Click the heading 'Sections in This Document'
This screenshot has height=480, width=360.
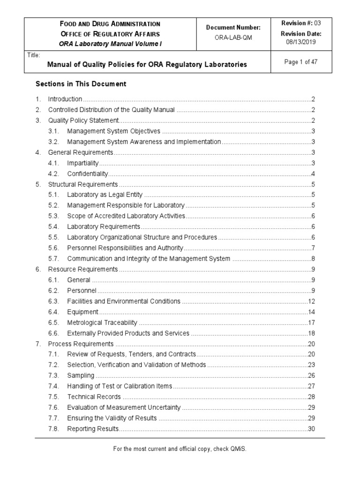[x=81, y=84]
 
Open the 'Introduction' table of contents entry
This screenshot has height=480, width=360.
[x=65, y=99]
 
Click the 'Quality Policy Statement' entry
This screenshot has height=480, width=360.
[x=83, y=120]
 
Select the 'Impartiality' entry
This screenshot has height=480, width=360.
[x=83, y=163]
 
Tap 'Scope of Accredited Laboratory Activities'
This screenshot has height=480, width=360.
[x=126, y=216]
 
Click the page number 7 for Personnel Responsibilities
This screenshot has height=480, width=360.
[x=313, y=248]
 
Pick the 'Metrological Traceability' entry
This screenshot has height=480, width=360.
[x=102, y=322]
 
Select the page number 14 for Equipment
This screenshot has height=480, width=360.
[x=311, y=312]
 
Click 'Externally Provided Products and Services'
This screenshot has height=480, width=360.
[x=128, y=333]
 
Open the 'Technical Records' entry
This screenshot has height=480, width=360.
[x=94, y=397]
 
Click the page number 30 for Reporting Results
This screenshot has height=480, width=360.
[x=311, y=429]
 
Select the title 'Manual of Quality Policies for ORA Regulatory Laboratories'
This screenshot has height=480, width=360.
[x=146, y=64]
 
